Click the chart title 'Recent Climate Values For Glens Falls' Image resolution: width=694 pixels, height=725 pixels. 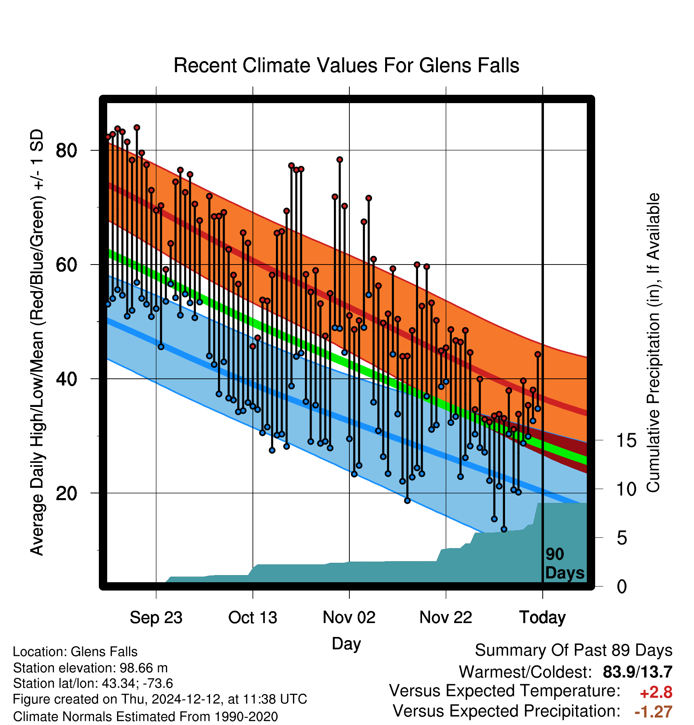pyautogui.click(x=346, y=65)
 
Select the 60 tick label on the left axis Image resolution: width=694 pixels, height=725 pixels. pyautogui.click(x=66, y=265)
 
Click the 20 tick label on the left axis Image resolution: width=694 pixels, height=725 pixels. pyautogui.click(x=66, y=493)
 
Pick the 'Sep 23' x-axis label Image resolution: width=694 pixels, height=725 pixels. pyautogui.click(x=156, y=618)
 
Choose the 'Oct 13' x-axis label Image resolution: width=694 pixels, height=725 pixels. pyautogui.click(x=253, y=618)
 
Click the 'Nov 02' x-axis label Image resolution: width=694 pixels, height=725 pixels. pyautogui.click(x=349, y=618)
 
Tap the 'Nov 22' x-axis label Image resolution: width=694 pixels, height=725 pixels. pyautogui.click(x=446, y=618)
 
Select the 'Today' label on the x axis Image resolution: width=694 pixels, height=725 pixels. pyautogui.click(x=543, y=618)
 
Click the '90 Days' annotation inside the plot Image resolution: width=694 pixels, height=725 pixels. pyautogui.click(x=565, y=564)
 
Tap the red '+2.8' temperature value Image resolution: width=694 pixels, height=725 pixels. pyautogui.click(x=656, y=692)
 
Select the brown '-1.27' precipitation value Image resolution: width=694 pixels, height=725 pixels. pyautogui.click(x=654, y=712)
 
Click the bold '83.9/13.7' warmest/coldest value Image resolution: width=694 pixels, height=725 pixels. pyautogui.click(x=638, y=672)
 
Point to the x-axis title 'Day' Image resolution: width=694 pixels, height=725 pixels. pyautogui.click(x=346, y=644)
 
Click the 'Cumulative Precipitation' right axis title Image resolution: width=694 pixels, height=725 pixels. pyautogui.click(x=653, y=343)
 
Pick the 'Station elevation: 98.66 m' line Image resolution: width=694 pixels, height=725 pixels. pyautogui.click(x=90, y=668)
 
